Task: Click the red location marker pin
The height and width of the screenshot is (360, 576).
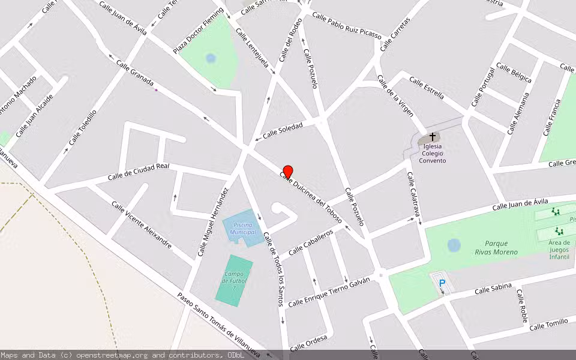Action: pyautogui.click(x=287, y=172)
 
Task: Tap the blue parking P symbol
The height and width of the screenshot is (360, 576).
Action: pyautogui.click(x=442, y=283)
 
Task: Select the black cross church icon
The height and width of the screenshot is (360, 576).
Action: pyautogui.click(x=433, y=137)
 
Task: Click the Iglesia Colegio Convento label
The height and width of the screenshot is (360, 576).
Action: pyautogui.click(x=433, y=153)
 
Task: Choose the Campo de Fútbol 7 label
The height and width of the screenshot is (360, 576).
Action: pyautogui.click(x=233, y=281)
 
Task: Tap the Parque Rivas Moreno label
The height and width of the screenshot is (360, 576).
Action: pyautogui.click(x=496, y=248)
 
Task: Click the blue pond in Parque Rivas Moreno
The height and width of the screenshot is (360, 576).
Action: pyautogui.click(x=454, y=245)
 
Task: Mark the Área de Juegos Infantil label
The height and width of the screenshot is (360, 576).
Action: pyautogui.click(x=559, y=250)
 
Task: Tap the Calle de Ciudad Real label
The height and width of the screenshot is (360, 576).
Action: pyautogui.click(x=138, y=172)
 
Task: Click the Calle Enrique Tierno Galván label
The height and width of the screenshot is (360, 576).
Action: pyautogui.click(x=328, y=292)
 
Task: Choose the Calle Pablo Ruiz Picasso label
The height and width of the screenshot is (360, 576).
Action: pyautogui.click(x=346, y=26)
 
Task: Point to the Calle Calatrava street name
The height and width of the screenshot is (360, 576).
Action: pyautogui.click(x=413, y=194)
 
